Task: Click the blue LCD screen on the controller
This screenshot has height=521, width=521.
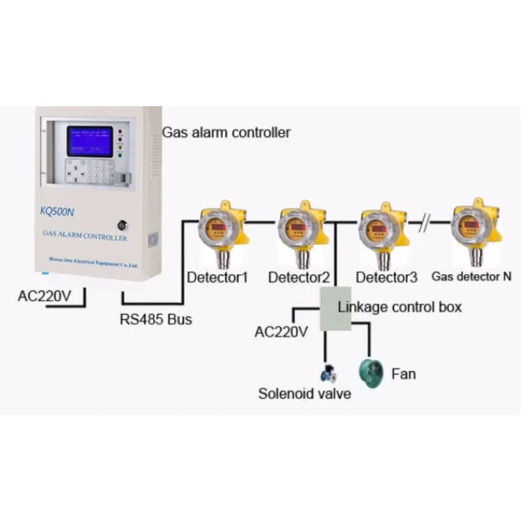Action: (90, 141)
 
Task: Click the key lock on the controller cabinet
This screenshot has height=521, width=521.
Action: (122, 225)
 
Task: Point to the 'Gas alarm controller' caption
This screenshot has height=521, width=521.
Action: (226, 133)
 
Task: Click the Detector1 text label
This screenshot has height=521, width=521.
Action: (218, 277)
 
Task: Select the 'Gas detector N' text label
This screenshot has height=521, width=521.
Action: (472, 277)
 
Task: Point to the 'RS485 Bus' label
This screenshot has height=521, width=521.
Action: (156, 320)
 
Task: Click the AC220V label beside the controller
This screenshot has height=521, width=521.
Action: (44, 296)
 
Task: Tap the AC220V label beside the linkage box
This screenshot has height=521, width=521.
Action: (281, 332)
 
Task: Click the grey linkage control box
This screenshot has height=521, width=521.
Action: (335, 307)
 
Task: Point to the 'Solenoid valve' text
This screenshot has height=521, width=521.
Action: (305, 393)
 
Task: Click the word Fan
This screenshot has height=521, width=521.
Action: (403, 374)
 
